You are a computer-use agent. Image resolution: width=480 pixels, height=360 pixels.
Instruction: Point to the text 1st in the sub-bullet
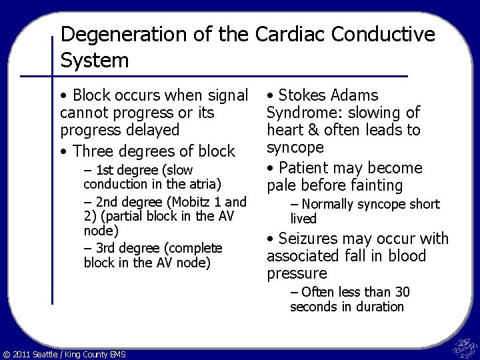(105, 171)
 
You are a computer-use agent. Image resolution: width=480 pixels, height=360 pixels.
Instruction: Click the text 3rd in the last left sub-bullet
(106, 247)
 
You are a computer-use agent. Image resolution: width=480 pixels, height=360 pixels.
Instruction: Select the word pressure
(297, 273)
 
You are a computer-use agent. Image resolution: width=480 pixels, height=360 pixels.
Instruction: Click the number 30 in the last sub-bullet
(402, 292)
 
